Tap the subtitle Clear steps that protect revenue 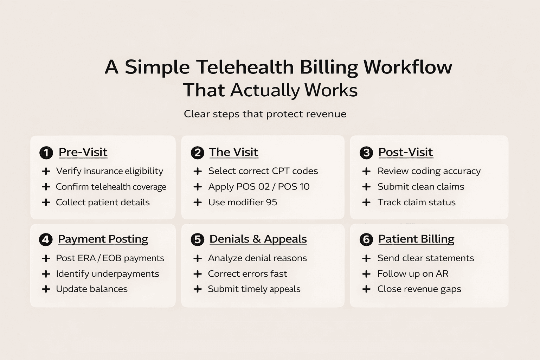point(265,114)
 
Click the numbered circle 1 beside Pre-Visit point(46,153)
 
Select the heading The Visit point(233,152)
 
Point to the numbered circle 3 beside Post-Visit point(366,153)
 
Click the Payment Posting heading point(103,239)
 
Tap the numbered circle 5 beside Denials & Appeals point(197,240)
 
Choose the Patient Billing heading point(416,239)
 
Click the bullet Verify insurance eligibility point(109,171)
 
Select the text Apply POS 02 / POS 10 point(259,187)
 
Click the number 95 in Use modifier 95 point(271,202)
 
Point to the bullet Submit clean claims point(420,187)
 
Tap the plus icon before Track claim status point(366,202)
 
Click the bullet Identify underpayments point(107,274)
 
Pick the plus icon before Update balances point(46,289)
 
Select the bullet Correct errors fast point(247,274)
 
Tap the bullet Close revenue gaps point(419,289)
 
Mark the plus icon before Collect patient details point(46,202)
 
